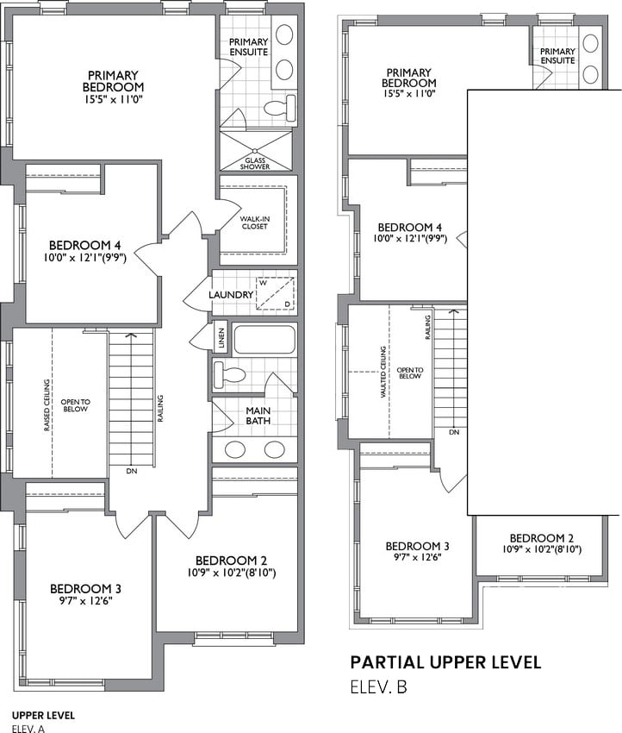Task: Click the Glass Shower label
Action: point(255,164)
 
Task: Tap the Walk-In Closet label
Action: point(254,222)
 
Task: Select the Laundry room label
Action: point(231,295)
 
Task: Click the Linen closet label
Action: point(221,335)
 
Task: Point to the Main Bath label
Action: point(258,416)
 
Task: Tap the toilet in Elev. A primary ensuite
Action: point(279,109)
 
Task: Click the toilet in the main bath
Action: point(229,374)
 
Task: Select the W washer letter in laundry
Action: point(263,283)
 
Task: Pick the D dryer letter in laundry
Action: point(287,304)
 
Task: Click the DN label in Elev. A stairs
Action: point(132,471)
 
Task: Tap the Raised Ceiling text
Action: point(47,405)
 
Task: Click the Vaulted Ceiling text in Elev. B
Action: point(383,373)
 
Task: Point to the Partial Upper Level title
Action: point(446,662)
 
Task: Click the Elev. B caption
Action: point(379,686)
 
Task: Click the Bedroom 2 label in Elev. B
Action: point(542,538)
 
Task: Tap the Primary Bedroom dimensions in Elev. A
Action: point(113,99)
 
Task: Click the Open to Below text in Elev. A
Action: point(75,405)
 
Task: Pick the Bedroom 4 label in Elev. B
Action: point(409,227)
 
